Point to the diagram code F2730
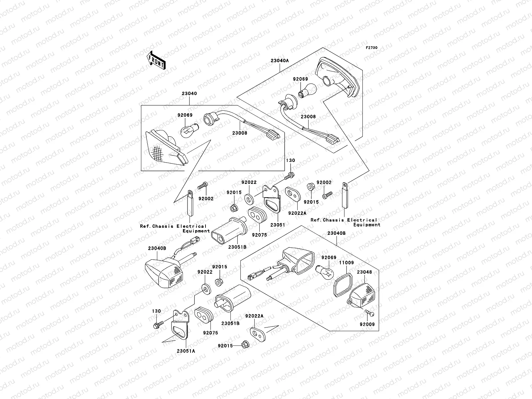pyautogui.click(x=372, y=48)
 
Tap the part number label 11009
pyautogui.click(x=346, y=263)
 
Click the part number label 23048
pyautogui.click(x=364, y=272)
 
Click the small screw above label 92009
pyautogui.click(x=369, y=313)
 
